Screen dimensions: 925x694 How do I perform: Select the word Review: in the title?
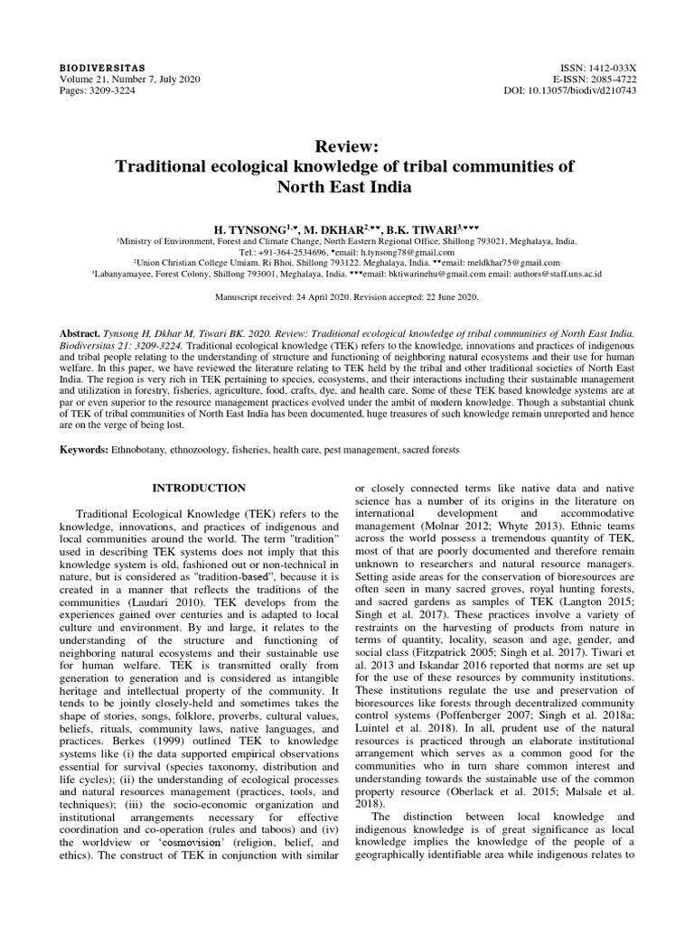(x=347, y=147)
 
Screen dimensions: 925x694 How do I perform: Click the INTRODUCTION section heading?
(x=198, y=488)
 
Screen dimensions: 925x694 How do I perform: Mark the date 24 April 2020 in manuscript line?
(x=320, y=297)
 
